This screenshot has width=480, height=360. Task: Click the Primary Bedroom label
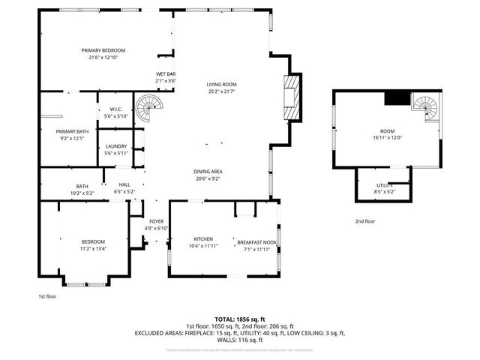103,49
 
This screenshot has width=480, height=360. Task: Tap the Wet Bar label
164,73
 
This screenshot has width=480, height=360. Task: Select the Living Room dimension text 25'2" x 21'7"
222,91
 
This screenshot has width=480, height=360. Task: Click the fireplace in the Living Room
292,98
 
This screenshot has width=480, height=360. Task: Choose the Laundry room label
115,146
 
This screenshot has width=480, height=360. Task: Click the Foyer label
156,221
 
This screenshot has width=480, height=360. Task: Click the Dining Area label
208,172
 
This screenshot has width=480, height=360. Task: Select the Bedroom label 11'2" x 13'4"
93,241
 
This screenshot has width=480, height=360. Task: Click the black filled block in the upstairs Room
396,97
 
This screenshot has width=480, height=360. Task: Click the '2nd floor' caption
366,221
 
